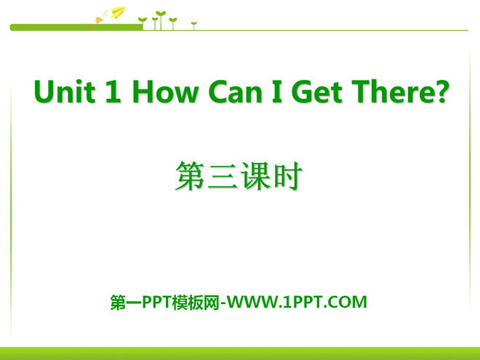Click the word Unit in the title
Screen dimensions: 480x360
click(x=64, y=91)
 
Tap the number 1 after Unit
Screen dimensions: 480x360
click(x=113, y=91)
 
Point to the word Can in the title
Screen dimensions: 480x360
click(x=235, y=91)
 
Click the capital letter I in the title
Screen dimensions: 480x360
click(x=277, y=91)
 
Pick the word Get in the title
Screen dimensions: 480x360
click(x=316, y=91)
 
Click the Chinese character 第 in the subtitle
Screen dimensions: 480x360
click(x=190, y=176)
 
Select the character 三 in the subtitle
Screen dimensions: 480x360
click(x=223, y=177)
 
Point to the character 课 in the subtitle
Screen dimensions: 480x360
click(x=255, y=176)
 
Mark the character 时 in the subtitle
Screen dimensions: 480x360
click(x=288, y=176)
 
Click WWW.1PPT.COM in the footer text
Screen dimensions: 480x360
click(x=297, y=302)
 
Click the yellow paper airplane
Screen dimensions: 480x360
click(x=119, y=12)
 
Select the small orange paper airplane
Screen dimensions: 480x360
click(x=99, y=20)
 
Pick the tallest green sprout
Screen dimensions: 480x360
click(x=161, y=20)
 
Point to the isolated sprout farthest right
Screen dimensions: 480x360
click(x=193, y=25)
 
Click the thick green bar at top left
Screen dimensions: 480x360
click(x=76, y=28)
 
